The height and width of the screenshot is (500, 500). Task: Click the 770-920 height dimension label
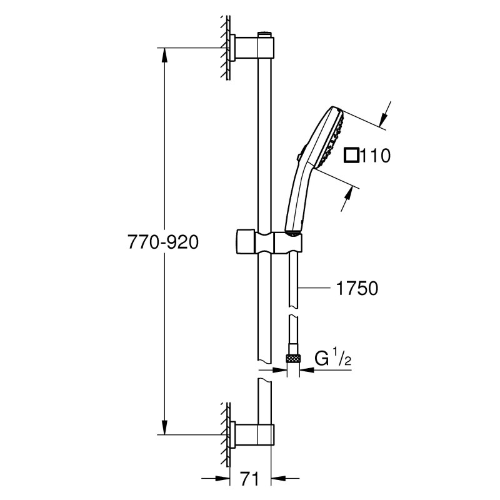coord(163,242)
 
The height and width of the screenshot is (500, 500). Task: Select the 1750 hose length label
coord(357,288)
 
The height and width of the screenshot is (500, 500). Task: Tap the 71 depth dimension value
coord(249,478)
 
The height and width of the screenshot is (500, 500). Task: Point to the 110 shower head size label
coord(375,156)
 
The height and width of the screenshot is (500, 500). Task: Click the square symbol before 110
coord(351,156)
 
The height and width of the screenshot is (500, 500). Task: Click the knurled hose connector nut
coord(293,357)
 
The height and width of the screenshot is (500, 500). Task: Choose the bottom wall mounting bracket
coord(252,435)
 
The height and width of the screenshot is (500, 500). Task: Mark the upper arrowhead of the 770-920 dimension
coord(164,56)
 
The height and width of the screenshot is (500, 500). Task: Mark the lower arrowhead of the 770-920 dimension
coord(164,427)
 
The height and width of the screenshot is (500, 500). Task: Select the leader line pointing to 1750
coord(314,288)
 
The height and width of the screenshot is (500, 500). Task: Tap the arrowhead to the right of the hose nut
coord(307,370)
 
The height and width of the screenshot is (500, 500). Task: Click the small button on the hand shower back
coord(298,157)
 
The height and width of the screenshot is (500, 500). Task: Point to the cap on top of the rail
coord(264,34)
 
